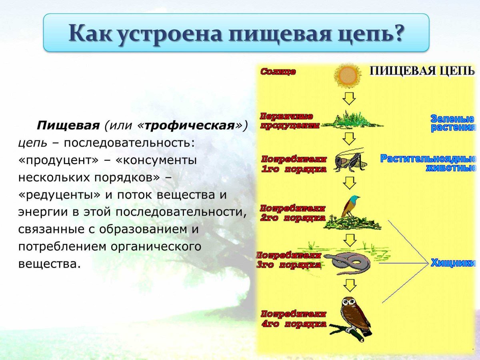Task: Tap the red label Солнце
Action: click(278, 72)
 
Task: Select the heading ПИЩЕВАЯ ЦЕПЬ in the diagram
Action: click(422, 71)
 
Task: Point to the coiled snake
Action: click(347, 263)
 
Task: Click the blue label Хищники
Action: click(453, 263)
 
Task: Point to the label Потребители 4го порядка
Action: click(294, 319)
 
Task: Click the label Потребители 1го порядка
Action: click(294, 164)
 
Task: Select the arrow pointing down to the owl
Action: click(349, 285)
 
